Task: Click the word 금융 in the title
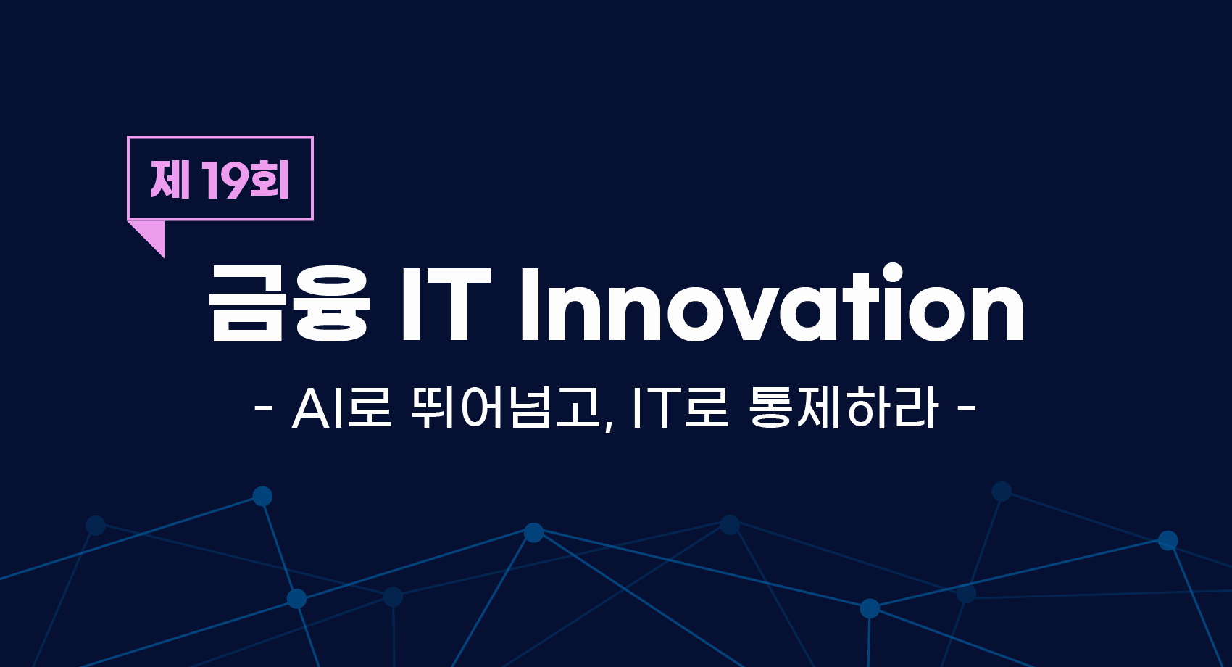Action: click(x=289, y=304)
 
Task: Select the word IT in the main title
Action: click(x=446, y=305)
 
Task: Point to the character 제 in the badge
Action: click(x=170, y=179)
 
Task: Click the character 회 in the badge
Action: click(x=270, y=179)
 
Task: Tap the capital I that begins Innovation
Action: click(x=530, y=305)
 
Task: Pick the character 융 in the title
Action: click(x=332, y=304)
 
